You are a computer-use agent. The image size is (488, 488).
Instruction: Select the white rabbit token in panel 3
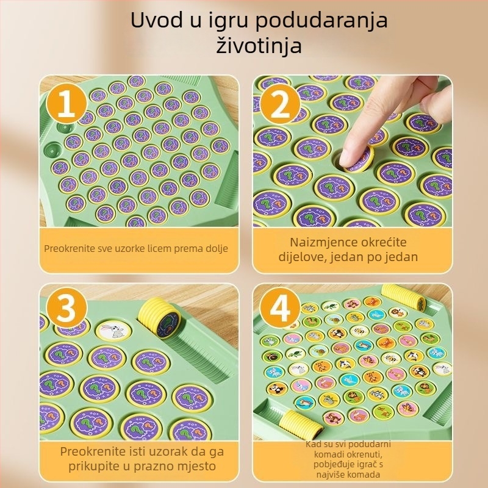pos(113,330)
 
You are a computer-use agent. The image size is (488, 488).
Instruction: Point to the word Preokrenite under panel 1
pos(66,249)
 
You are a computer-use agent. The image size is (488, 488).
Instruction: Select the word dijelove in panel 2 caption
pos(306,257)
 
